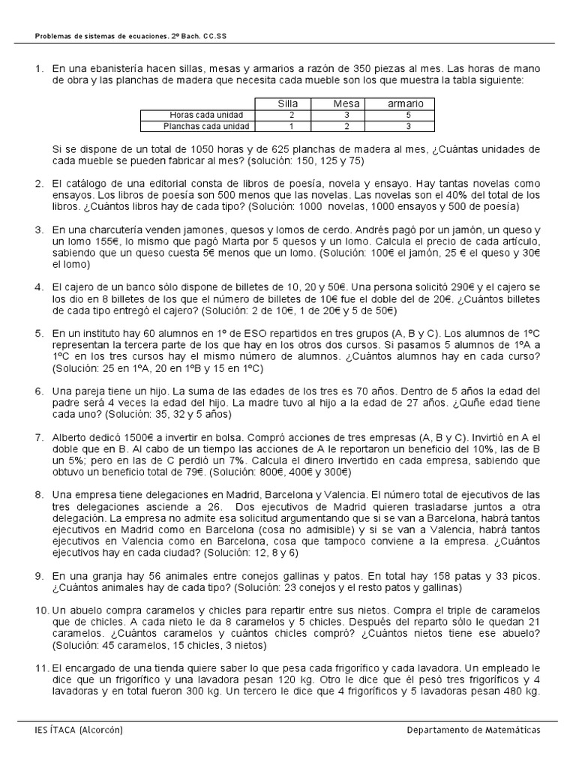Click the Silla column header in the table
pyautogui.click(x=288, y=103)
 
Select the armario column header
pyautogui.click(x=405, y=103)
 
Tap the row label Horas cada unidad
pyautogui.click(x=198, y=115)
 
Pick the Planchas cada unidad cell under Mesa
pyautogui.click(x=346, y=126)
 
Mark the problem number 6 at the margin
pyautogui.click(x=39, y=391)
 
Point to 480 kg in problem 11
pyautogui.click(x=519, y=691)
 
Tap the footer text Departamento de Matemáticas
pyautogui.click(x=473, y=730)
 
